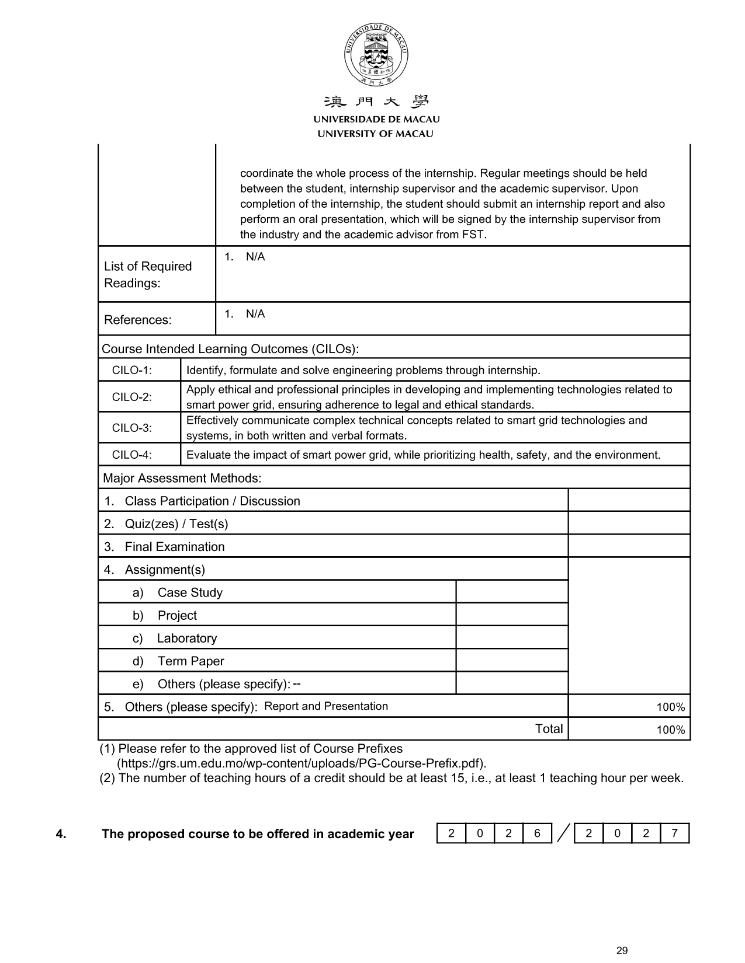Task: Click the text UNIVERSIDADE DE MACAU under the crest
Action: click(376, 119)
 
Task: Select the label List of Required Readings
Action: click(148, 274)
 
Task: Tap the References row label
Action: click(138, 320)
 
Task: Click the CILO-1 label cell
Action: click(132, 370)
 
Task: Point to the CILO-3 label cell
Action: click(132, 428)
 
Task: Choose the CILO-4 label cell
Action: click(132, 455)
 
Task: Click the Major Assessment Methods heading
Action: click(182, 478)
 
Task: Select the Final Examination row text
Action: click(174, 547)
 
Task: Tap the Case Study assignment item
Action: click(190, 592)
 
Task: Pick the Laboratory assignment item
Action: click(186, 638)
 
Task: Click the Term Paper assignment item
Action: click(190, 661)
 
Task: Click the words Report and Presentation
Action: click(326, 706)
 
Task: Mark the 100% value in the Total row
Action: click(670, 730)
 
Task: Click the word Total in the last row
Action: click(549, 729)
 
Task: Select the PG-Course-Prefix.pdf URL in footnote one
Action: click(302, 763)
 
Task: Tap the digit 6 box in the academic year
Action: click(537, 833)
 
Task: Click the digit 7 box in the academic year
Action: click(674, 833)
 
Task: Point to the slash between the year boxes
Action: click(563, 833)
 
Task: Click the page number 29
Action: click(622, 951)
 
